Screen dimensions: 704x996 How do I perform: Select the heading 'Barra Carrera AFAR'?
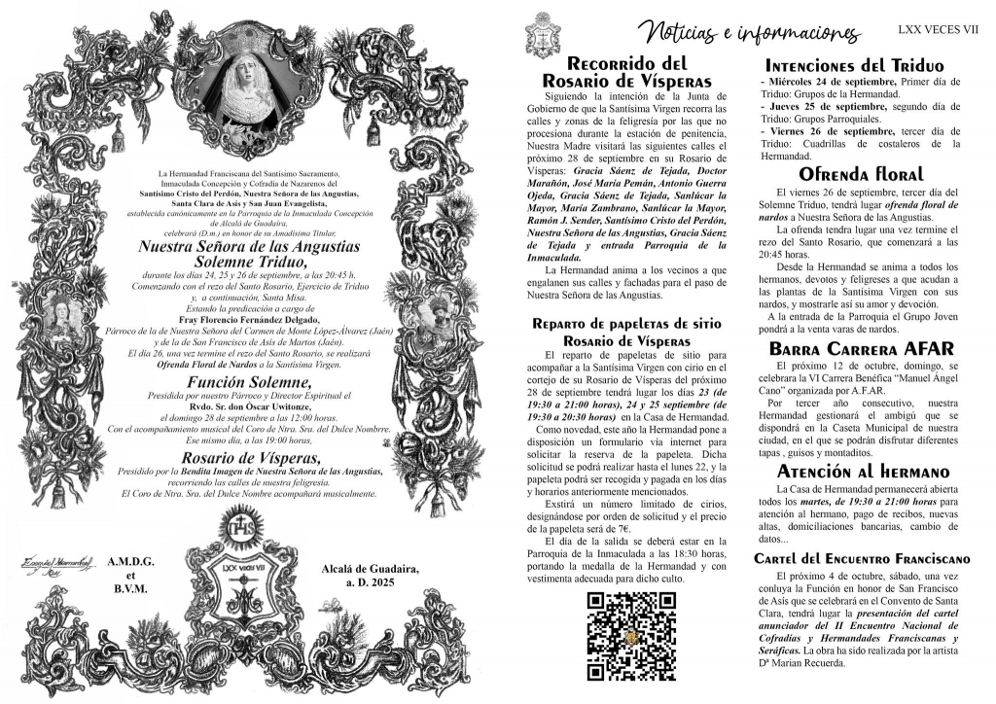(x=860, y=348)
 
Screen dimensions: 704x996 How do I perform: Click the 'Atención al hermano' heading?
(x=860, y=471)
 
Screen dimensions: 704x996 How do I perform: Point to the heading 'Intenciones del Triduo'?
(x=860, y=66)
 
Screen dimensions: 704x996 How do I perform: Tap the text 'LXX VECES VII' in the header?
(x=939, y=30)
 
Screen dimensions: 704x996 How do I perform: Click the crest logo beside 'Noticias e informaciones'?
(x=542, y=36)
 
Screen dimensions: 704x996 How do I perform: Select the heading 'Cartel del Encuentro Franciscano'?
(x=860, y=559)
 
